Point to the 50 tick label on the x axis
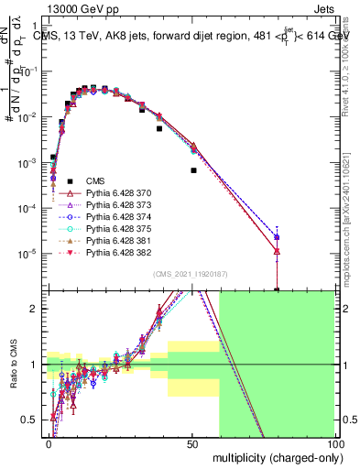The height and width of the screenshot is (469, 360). [x=192, y=443]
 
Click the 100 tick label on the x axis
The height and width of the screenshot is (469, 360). [x=335, y=443]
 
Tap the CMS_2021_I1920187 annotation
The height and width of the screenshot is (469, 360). [x=193, y=274]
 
